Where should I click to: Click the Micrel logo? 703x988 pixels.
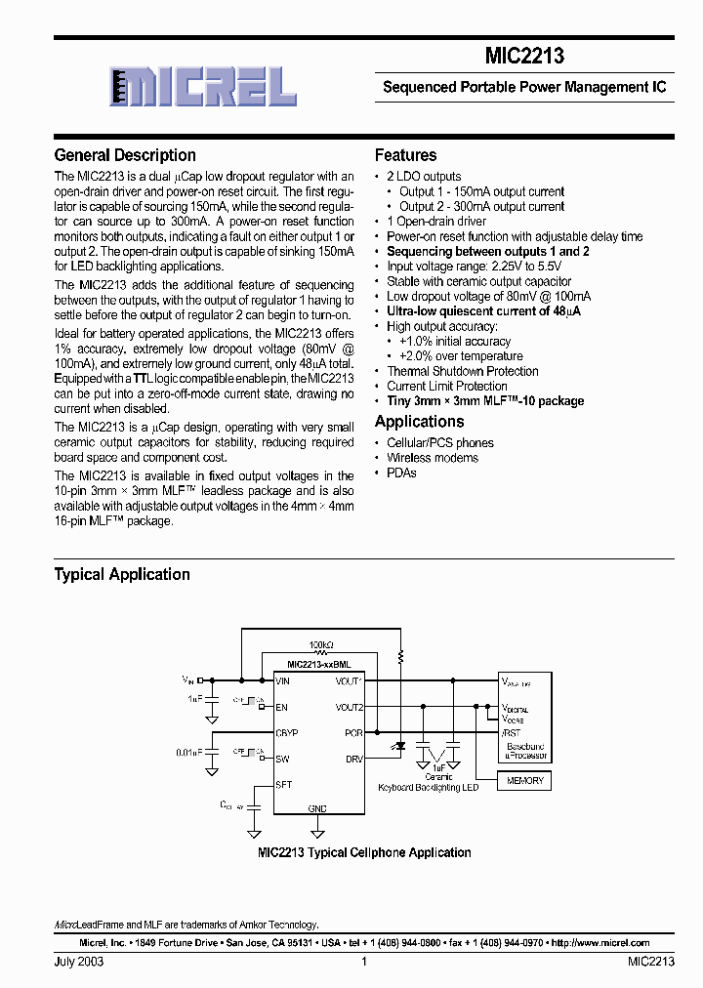(x=202, y=87)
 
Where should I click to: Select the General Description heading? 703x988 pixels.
(x=125, y=155)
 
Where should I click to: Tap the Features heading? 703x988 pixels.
(x=405, y=155)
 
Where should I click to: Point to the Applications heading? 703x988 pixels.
(x=419, y=422)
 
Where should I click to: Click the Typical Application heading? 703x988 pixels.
(x=122, y=574)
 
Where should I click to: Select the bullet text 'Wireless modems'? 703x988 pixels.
(x=433, y=458)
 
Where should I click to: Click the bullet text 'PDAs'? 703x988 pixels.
(x=401, y=473)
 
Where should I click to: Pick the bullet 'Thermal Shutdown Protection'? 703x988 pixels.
(x=462, y=371)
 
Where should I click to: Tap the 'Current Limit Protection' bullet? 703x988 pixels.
(x=447, y=386)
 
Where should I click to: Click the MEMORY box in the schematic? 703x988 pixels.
(x=524, y=780)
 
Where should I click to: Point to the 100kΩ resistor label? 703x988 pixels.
(x=321, y=646)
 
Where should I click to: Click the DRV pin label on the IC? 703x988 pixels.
(x=353, y=759)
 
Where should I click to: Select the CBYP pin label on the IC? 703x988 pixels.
(x=287, y=732)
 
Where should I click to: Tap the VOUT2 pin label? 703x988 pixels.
(x=349, y=707)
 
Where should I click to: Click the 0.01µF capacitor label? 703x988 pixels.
(x=189, y=752)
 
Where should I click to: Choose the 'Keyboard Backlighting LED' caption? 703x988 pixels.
(x=429, y=787)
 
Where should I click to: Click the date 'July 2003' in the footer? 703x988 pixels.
(x=79, y=962)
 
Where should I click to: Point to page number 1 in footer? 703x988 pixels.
(x=363, y=962)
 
